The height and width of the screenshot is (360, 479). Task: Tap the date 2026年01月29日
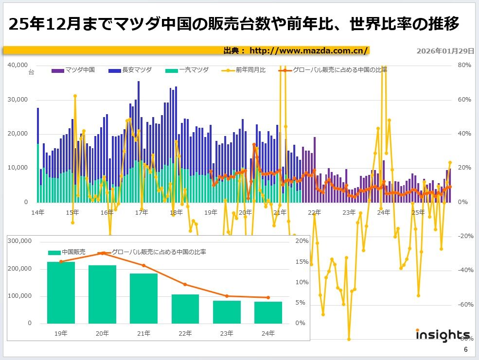(445, 51)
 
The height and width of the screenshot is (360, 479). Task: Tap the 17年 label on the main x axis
(142, 213)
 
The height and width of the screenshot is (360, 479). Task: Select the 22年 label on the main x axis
(315, 213)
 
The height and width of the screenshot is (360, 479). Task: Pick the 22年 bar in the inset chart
(185, 309)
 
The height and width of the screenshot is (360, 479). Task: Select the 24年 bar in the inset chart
(268, 312)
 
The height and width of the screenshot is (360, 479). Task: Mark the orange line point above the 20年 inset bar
(103, 253)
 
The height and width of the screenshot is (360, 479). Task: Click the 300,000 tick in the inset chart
(20, 241)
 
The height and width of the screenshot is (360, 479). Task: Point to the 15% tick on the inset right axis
(302, 262)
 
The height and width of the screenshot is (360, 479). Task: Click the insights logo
(443, 335)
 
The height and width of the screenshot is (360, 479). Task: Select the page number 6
(465, 350)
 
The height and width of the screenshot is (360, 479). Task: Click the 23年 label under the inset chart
(227, 333)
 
